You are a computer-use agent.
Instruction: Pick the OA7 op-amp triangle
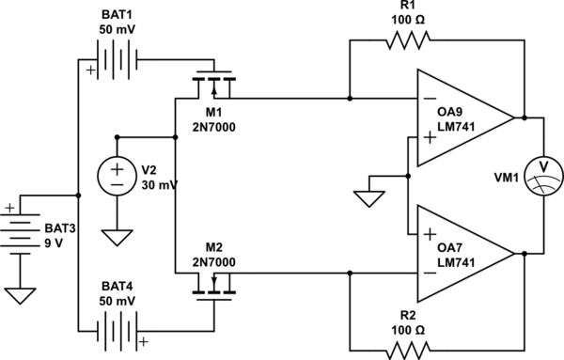point(461,253)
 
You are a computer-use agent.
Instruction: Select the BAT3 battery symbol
point(21,229)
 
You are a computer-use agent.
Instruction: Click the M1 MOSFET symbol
point(213,89)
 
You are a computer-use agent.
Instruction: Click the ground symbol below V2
point(117,237)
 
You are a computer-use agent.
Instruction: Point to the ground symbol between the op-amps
point(368,199)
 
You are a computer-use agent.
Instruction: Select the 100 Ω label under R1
point(406,18)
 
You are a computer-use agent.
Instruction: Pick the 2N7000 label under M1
point(213,127)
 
